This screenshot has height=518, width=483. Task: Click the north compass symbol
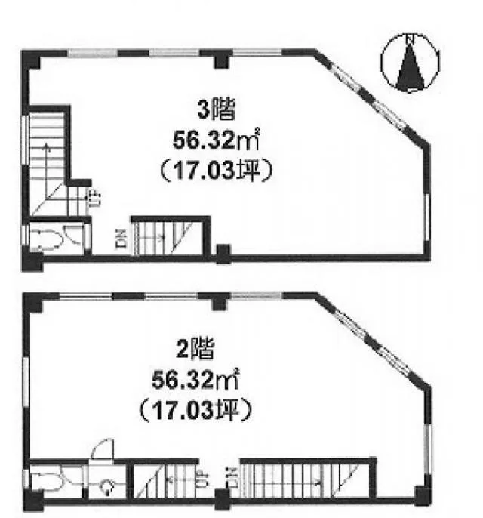tap(410, 62)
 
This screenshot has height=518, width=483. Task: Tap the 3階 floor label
tap(217, 110)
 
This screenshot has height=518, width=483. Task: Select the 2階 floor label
tap(195, 349)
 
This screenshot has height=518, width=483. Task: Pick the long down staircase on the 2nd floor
tap(306, 479)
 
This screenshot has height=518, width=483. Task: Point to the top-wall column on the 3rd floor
tap(222, 60)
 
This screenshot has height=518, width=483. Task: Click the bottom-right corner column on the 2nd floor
tap(423, 495)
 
